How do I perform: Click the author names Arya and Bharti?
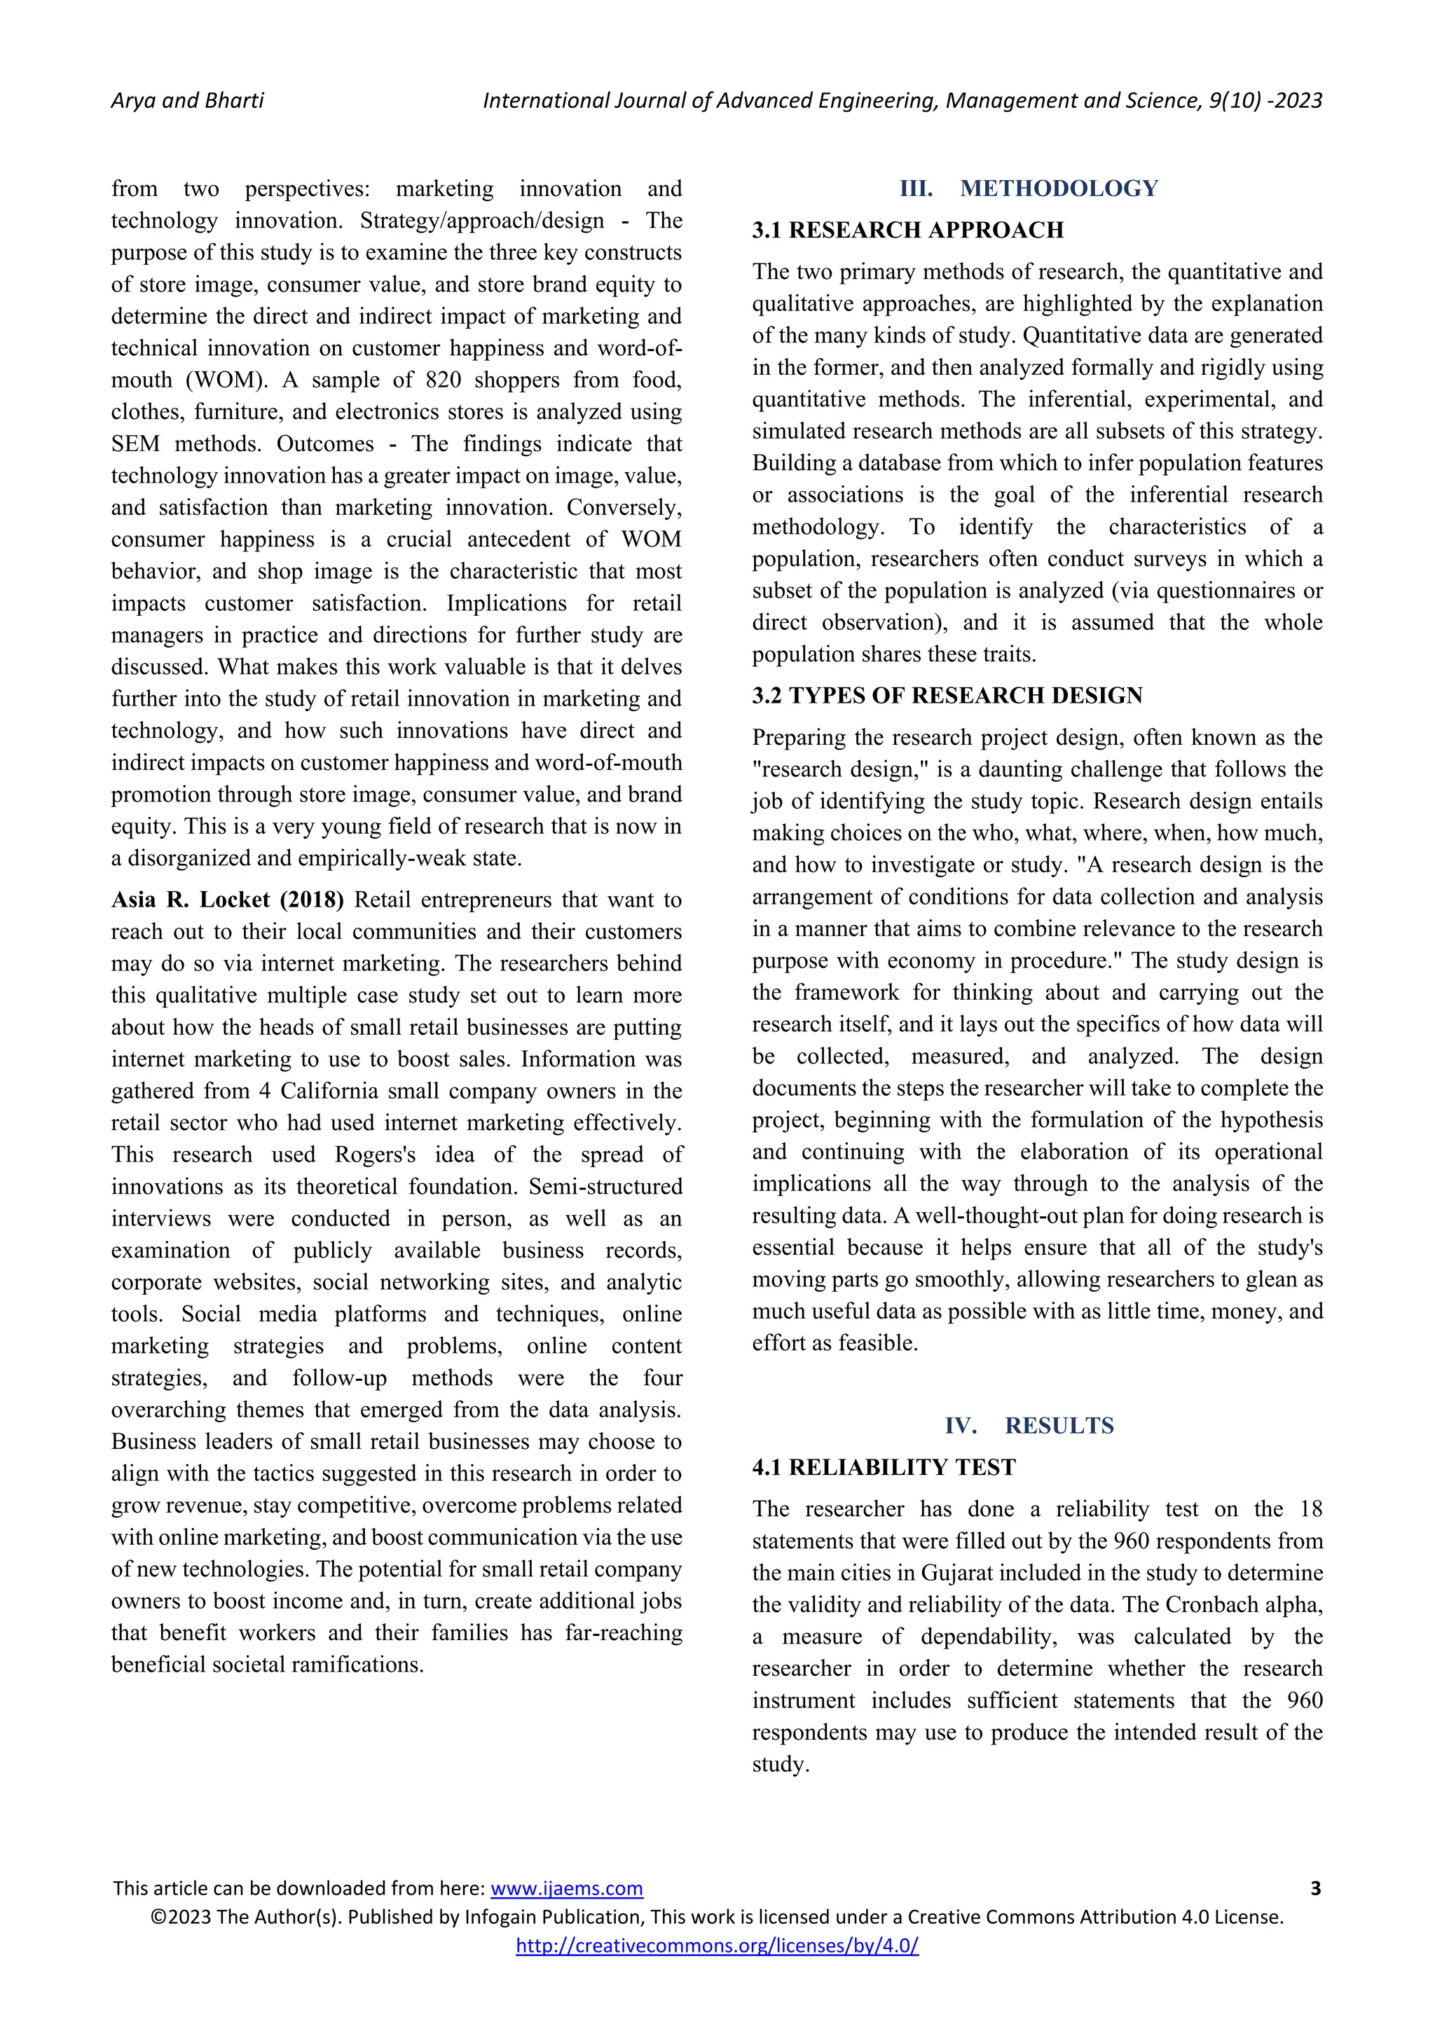point(187,101)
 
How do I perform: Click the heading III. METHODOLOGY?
point(1029,188)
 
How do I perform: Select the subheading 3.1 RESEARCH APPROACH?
point(907,230)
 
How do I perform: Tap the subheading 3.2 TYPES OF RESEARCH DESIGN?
point(947,696)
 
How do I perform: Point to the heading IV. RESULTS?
point(1029,1426)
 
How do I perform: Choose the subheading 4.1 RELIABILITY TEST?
point(884,1467)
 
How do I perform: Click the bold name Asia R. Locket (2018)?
point(227,900)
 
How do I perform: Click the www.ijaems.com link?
point(566,1888)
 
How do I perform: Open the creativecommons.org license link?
point(717,1945)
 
